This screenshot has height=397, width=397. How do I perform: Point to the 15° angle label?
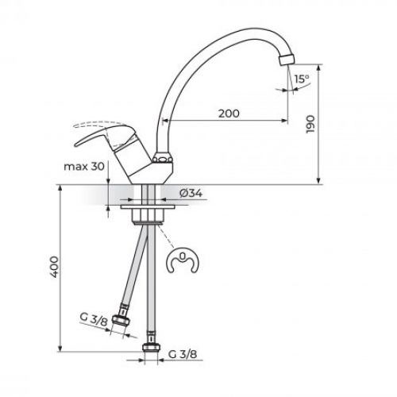[301, 79]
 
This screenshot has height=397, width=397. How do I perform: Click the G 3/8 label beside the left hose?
[95, 320]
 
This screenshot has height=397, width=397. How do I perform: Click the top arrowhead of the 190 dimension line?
[319, 66]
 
